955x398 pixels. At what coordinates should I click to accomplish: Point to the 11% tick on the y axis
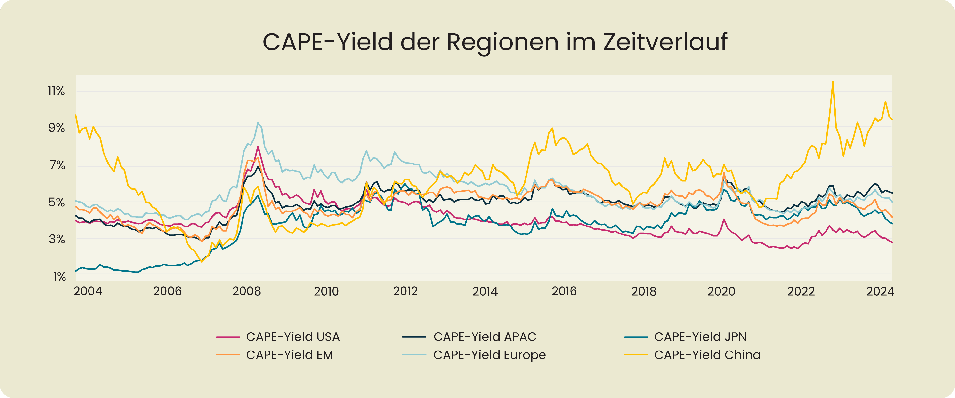56,91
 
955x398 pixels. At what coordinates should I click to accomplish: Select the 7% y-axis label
57,165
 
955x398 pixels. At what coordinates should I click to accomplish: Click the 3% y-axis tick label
57,239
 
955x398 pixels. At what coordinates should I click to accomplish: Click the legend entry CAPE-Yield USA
292,336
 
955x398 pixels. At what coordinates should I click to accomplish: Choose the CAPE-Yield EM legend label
289,355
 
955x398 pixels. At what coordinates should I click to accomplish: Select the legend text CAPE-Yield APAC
485,336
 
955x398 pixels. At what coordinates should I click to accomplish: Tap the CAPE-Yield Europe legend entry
489,355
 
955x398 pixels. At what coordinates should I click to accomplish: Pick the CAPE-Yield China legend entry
707,355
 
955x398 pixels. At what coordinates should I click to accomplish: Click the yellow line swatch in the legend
636,355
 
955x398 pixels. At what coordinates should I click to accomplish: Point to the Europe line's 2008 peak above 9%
258,123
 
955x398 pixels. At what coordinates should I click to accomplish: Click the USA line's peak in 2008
258,147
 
